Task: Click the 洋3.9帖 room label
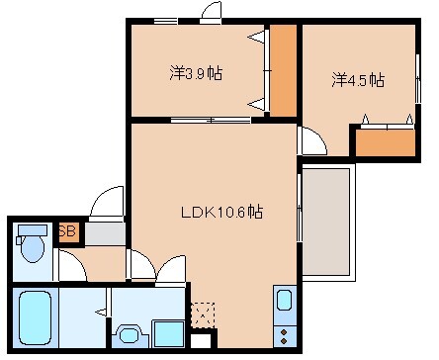tap(194, 72)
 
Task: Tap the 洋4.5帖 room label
tap(358, 80)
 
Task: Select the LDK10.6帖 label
tap(220, 211)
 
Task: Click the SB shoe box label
tap(68, 232)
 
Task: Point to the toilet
tap(34, 244)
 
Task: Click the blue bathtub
tap(37, 317)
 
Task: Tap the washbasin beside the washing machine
tap(129, 334)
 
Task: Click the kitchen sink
tap(283, 301)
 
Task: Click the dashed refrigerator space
tap(203, 314)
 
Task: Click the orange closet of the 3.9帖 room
tap(284, 69)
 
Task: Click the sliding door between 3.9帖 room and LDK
tap(210, 121)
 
